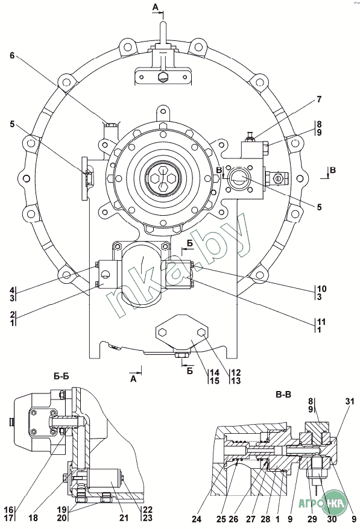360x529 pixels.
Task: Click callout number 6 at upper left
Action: pyautogui.click(x=12, y=55)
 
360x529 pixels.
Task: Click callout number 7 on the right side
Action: pyautogui.click(x=319, y=99)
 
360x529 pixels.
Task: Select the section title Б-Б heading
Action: pyautogui.click(x=61, y=376)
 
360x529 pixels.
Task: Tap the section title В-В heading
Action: pyautogui.click(x=283, y=394)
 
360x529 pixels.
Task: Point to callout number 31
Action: pyautogui.click(x=350, y=401)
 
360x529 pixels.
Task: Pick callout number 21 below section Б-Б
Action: pyautogui.click(x=124, y=517)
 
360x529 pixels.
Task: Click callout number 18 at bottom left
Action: pyautogui.click(x=33, y=517)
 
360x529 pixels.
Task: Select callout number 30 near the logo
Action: pyautogui.click(x=332, y=518)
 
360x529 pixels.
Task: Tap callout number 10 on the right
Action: pyautogui.click(x=322, y=289)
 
